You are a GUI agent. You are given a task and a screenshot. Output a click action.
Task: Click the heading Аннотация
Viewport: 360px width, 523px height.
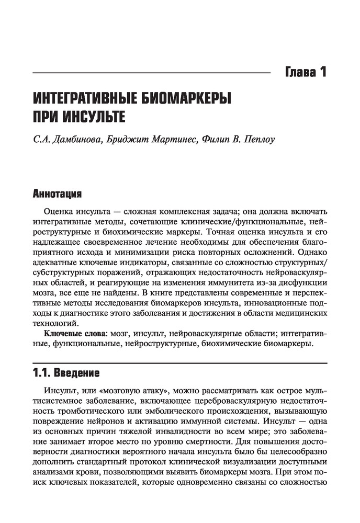tap(57, 195)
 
